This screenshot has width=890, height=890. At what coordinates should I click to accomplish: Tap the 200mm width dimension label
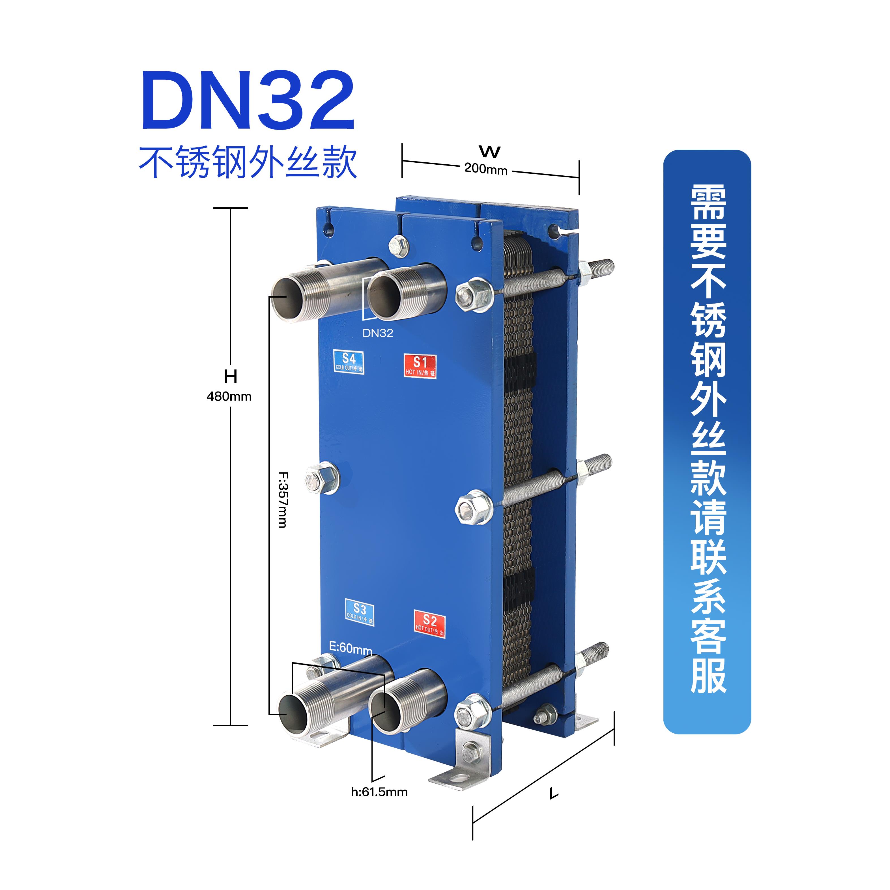pos(485,169)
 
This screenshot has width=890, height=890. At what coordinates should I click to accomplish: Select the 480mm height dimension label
pos(229,396)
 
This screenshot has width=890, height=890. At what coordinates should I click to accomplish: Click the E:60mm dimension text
pos(350,648)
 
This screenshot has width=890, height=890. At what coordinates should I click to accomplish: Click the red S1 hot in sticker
pos(420,366)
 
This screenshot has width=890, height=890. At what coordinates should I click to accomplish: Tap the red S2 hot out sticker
pos(429,624)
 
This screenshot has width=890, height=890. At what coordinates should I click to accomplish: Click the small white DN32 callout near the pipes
pos(378,333)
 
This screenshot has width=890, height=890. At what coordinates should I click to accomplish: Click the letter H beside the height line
pos(230,377)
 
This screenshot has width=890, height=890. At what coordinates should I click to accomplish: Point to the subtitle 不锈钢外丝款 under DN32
pos(248,163)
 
